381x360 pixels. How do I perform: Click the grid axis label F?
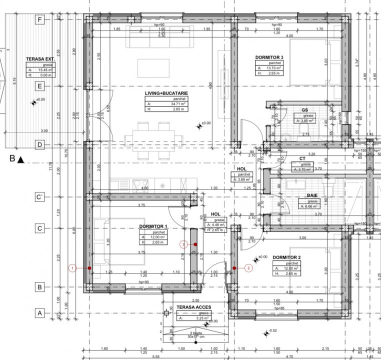38,19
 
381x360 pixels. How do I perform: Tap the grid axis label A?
38,313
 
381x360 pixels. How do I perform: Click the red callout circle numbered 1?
73,268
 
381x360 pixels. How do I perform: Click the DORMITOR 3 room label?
269,57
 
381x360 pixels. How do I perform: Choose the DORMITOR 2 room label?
286,257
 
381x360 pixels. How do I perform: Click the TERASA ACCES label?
193,307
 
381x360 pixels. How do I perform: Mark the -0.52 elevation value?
272,331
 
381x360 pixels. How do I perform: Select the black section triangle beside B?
20,160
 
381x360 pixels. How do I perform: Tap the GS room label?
304,109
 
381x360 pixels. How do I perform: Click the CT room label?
302,158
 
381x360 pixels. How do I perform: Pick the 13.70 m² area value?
274,68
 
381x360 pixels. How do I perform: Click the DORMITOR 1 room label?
153,226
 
